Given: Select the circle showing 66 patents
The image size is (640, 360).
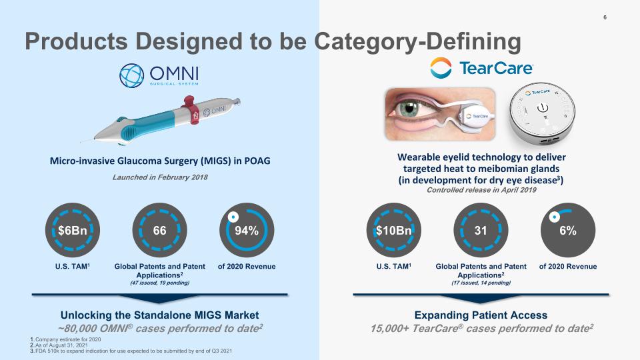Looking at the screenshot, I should point(160,231).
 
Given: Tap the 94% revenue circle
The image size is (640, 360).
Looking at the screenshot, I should point(247,231).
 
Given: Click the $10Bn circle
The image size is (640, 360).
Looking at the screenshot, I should point(393,231).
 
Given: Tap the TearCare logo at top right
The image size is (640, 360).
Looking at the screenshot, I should point(481,68).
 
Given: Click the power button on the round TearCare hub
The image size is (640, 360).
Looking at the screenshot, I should point(544,107).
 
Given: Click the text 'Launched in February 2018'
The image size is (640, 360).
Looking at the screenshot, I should point(160,177).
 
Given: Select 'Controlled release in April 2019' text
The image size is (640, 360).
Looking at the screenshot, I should point(482,190).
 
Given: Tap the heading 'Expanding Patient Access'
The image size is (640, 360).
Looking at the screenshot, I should point(481,315).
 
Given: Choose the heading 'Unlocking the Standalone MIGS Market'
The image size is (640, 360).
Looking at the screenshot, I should point(160,315).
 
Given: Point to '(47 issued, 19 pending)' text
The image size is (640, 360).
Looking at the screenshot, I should point(160,283).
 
